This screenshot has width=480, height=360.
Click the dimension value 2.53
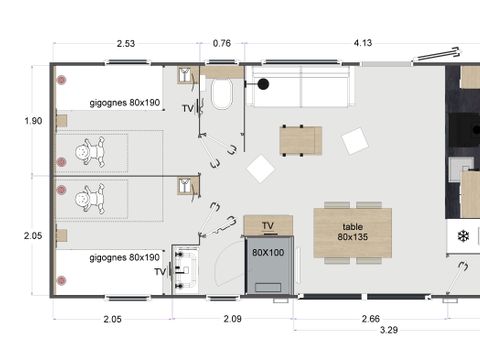pos(126,43)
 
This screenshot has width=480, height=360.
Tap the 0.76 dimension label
pos(222,43)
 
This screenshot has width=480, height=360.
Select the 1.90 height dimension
pos(33,121)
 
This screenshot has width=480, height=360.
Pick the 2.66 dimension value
pos(369,319)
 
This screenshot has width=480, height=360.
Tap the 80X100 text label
pos(267,252)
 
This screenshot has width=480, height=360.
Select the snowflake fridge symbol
pos(463,236)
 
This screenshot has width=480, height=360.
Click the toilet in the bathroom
pos(222,96)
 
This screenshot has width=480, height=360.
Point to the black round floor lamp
pos(265,84)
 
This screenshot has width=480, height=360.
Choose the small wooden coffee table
pos(300,140)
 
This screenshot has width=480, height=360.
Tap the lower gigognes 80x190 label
pos(124,257)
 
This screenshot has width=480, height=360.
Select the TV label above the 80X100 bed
pos(267,224)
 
